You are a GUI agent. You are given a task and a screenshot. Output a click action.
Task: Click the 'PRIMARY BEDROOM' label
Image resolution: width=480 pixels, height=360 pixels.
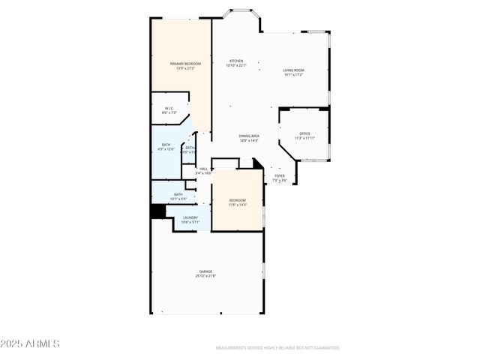(x=185, y=64)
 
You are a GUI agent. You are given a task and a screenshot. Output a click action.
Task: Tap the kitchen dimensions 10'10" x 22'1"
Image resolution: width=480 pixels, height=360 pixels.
(x=236, y=65)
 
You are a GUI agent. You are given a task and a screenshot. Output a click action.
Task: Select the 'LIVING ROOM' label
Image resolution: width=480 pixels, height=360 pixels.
(x=293, y=70)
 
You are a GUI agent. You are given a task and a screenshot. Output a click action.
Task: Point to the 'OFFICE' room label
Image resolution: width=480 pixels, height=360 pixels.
(x=304, y=133)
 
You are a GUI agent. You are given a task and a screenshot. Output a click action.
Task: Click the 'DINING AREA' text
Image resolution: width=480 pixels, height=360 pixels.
(x=249, y=136)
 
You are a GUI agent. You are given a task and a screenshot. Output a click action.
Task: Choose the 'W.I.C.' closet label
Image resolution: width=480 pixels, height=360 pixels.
(x=169, y=108)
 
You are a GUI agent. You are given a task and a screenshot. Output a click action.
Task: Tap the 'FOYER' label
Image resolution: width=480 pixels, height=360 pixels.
(x=279, y=175)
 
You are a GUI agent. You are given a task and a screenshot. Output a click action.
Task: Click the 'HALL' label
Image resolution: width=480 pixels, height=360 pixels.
(x=203, y=169)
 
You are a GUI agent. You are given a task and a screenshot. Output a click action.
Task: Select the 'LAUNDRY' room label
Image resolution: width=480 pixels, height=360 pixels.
(x=190, y=217)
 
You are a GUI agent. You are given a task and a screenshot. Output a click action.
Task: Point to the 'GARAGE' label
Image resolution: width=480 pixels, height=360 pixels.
(x=205, y=271)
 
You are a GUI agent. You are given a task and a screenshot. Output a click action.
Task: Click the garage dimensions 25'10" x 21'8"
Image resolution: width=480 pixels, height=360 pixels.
(x=205, y=276)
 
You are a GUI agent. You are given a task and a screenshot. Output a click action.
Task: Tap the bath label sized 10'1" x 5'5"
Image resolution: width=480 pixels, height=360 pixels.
(x=178, y=194)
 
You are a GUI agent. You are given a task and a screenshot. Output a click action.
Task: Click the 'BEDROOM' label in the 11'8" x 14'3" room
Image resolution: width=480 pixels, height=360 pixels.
(x=237, y=200)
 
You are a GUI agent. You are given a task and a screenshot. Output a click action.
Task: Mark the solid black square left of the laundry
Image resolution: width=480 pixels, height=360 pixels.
(x=157, y=211)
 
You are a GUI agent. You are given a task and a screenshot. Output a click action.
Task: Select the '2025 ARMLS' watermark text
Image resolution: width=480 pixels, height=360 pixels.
(x=30, y=343)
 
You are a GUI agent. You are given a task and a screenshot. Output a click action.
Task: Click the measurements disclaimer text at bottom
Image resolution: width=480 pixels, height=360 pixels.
(x=277, y=348)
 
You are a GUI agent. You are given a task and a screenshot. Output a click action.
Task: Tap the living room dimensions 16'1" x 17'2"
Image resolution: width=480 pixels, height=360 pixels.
(x=293, y=74)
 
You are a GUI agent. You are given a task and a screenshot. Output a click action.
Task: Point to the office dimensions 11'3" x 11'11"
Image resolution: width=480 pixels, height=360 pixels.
(x=304, y=138)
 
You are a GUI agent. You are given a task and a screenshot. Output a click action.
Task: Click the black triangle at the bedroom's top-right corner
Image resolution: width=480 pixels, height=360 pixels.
(x=257, y=163)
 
